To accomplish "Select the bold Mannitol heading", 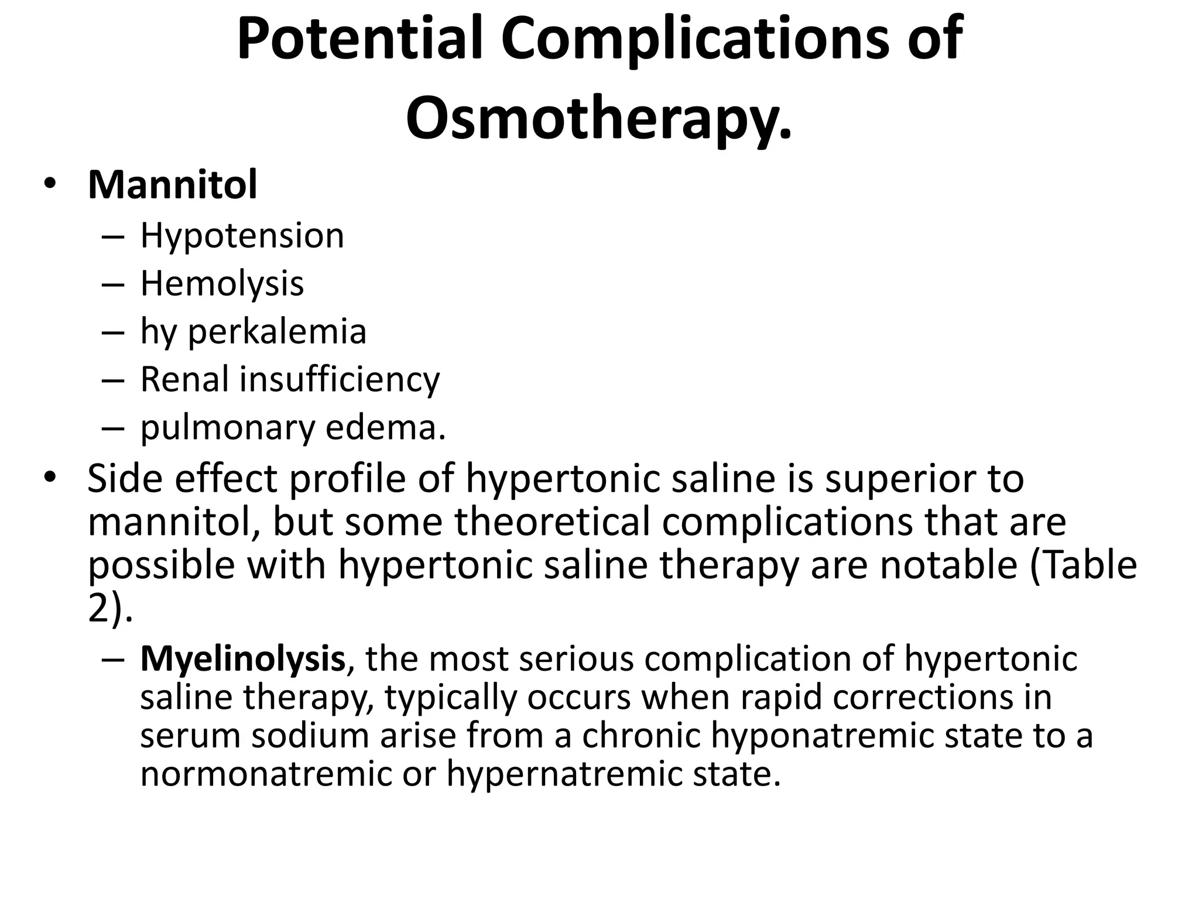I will (x=172, y=185).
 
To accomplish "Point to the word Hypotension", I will (x=242, y=236).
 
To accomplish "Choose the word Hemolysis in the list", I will (x=222, y=284).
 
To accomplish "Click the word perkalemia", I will (x=277, y=332).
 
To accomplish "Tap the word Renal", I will (x=184, y=379).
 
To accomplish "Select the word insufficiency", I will (x=340, y=379).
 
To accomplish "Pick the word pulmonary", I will (x=227, y=428).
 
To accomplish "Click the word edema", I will (x=385, y=428).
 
